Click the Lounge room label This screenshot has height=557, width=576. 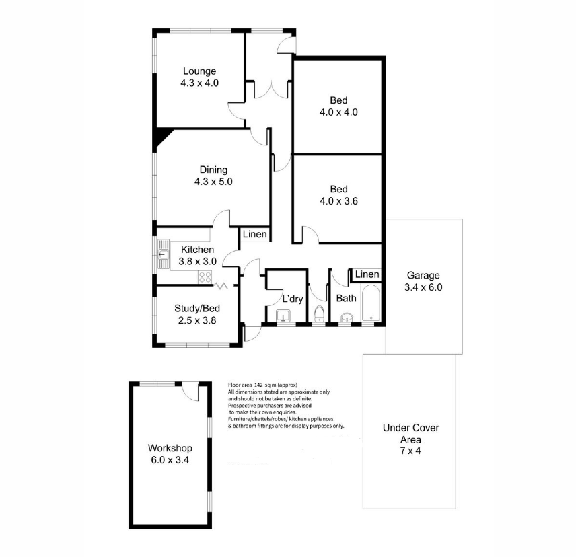click(x=199, y=71)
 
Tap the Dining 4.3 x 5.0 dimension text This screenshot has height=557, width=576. click(x=213, y=182)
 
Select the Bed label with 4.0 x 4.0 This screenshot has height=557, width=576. click(x=338, y=112)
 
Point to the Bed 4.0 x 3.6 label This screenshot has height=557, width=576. click(x=338, y=200)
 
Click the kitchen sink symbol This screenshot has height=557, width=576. click(x=164, y=254)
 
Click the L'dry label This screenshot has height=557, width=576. click(x=291, y=299)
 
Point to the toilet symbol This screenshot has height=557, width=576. click(x=320, y=314)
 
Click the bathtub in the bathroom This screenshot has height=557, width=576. click(x=371, y=305)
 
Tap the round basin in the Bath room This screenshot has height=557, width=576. click(x=347, y=318)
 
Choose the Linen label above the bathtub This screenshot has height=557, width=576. click(x=367, y=274)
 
